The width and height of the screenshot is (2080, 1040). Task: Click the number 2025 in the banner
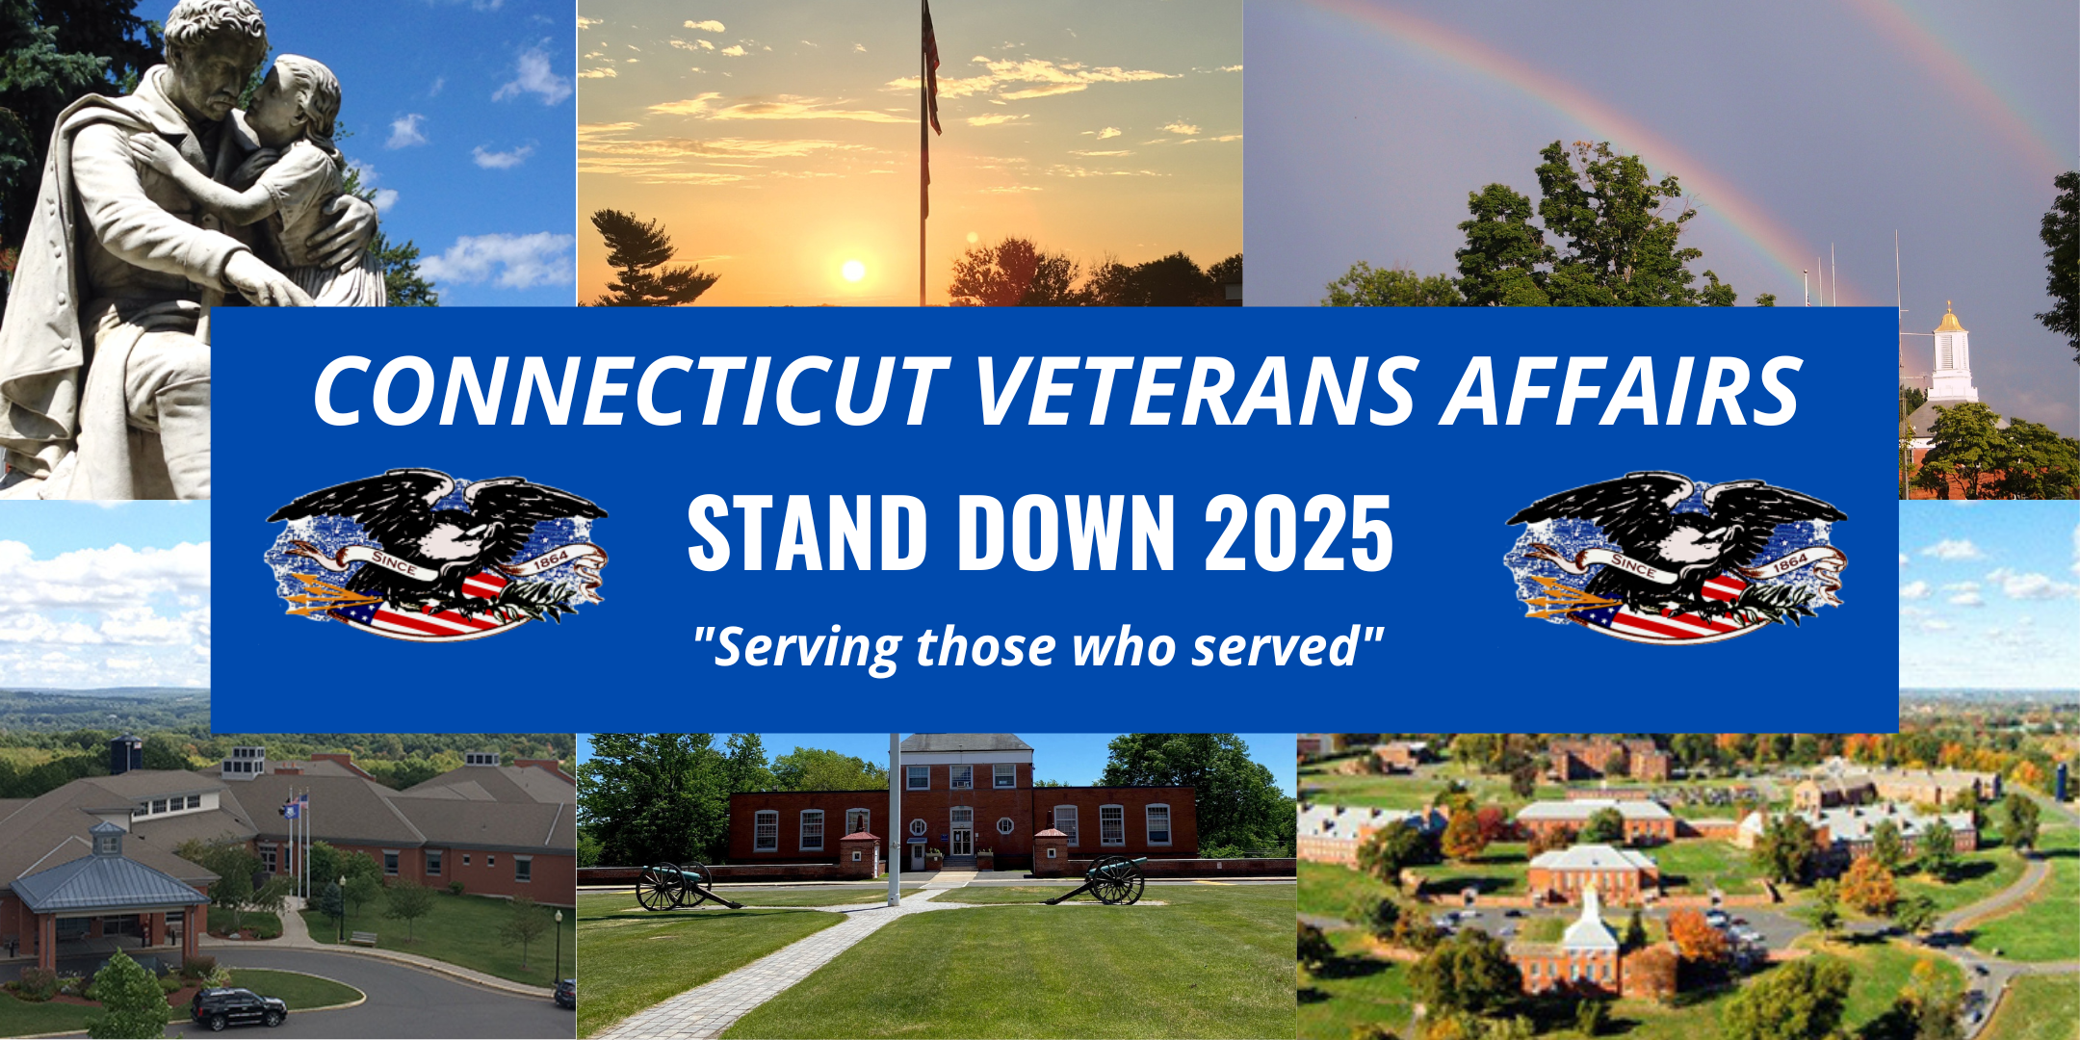[1299, 532]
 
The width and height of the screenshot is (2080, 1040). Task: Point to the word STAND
[807, 532]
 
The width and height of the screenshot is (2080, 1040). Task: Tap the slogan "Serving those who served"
[1039, 646]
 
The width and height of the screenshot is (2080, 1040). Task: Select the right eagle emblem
[1676, 557]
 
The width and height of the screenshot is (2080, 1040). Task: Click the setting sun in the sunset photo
[853, 271]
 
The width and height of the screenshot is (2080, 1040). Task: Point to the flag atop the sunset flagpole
[931, 67]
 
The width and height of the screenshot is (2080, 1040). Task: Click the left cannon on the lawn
[684, 884]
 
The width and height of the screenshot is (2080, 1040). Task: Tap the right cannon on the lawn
[1103, 878]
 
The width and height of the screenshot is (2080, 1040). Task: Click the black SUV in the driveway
[239, 1007]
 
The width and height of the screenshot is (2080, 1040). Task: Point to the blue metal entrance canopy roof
[108, 881]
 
